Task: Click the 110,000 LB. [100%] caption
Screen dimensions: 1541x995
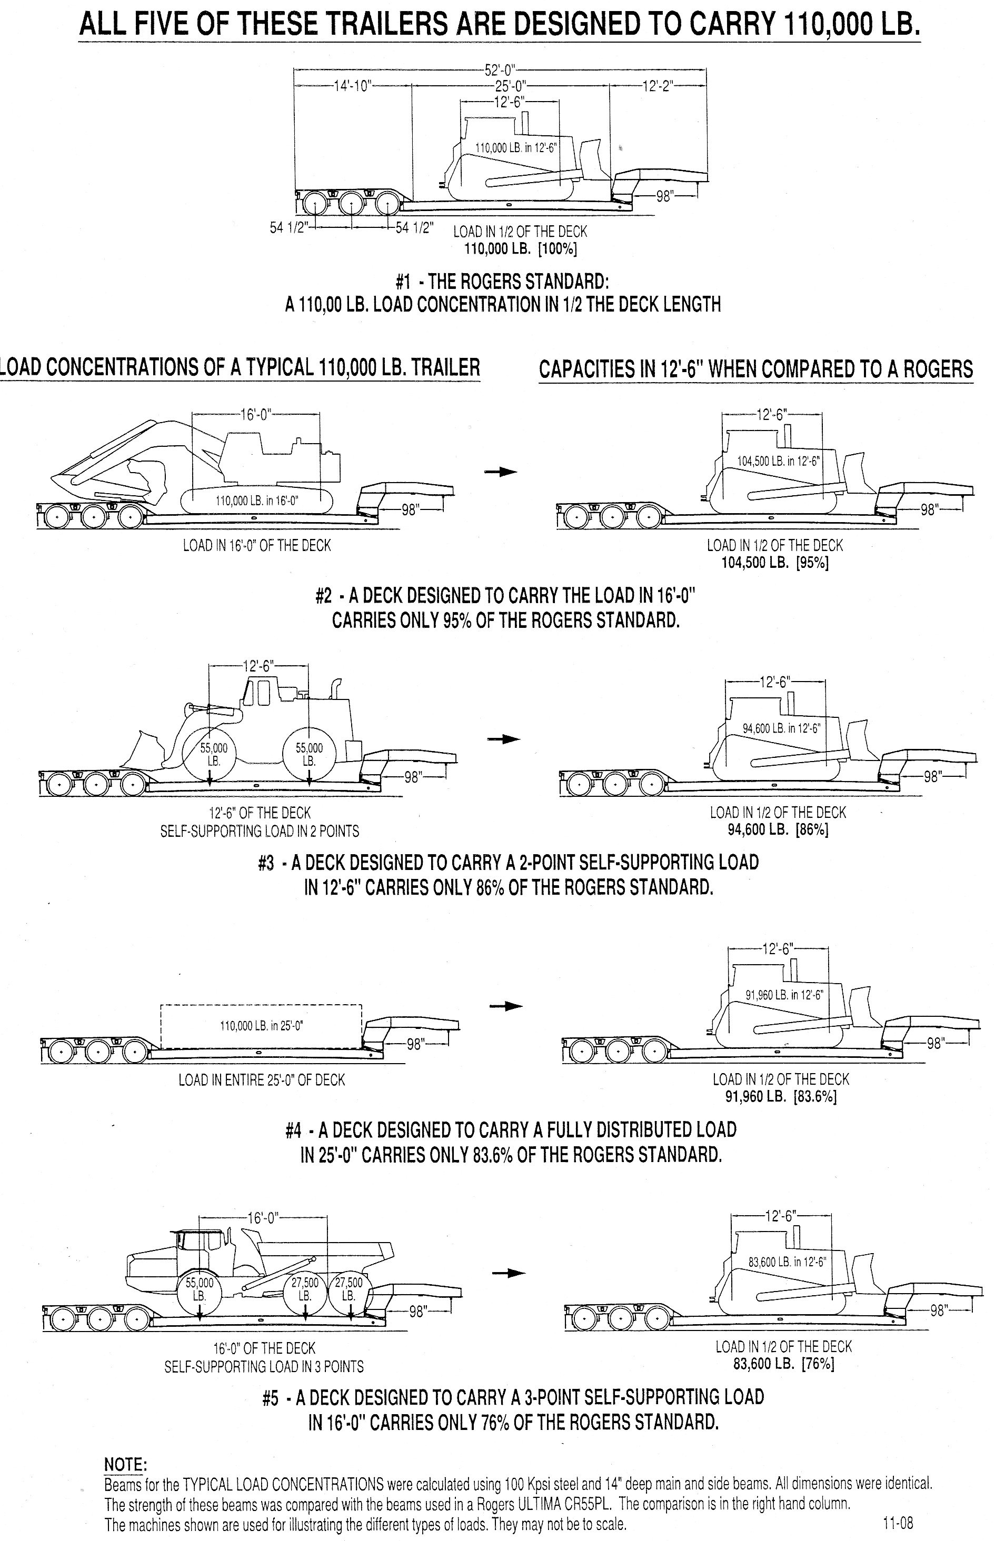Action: [521, 247]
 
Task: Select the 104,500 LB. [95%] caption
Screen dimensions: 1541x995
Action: [775, 562]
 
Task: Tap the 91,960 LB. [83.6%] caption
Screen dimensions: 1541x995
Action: [781, 1096]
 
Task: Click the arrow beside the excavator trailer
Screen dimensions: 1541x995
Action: [501, 472]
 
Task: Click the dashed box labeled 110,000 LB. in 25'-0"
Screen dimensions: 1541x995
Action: [261, 1026]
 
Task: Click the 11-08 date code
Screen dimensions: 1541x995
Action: [898, 1518]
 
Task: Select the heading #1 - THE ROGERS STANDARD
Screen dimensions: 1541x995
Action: [502, 283]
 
